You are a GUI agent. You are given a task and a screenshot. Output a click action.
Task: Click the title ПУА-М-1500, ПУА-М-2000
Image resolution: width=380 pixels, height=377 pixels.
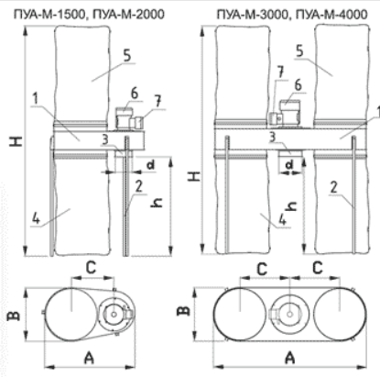tap(89, 15)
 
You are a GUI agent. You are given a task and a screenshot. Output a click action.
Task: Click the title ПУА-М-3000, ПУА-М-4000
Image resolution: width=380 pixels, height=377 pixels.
tap(292, 15)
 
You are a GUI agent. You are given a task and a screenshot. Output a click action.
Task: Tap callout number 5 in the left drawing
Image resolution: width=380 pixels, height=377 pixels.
tap(127, 56)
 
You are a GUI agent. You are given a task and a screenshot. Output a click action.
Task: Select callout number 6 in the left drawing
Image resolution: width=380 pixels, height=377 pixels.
tap(135, 94)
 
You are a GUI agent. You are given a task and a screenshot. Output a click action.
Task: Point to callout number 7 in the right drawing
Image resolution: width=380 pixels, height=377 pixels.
tap(280, 72)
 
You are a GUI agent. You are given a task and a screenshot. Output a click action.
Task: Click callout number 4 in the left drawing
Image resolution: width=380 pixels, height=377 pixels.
tap(36, 218)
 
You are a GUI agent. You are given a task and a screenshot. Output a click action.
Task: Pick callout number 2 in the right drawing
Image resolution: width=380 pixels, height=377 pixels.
tap(334, 187)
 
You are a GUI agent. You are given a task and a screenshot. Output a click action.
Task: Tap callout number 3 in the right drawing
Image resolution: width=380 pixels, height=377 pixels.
tap(272, 138)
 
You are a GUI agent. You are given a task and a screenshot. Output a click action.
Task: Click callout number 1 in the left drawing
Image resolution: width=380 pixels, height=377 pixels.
tap(36, 99)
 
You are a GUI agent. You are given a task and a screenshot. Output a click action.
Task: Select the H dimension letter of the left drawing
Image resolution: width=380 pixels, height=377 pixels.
tap(16, 141)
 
